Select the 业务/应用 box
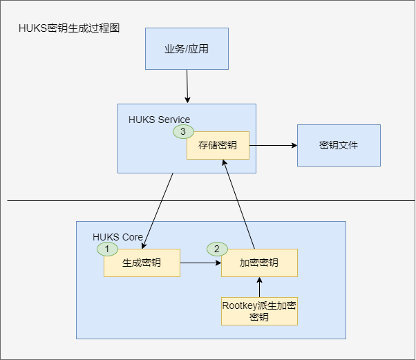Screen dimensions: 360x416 click(186, 49)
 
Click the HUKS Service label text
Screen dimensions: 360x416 click(159, 120)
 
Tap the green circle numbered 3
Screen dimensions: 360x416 click(183, 131)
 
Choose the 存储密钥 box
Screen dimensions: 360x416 click(218, 146)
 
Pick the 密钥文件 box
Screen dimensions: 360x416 click(339, 146)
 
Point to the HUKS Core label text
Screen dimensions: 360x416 click(117, 237)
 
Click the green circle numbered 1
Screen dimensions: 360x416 click(107, 247)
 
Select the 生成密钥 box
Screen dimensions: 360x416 click(142, 263)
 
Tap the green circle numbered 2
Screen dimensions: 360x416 click(217, 248)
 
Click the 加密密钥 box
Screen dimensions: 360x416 click(259, 263)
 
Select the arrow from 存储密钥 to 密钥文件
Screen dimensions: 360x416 click(273, 146)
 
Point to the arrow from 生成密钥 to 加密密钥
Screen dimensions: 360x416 click(200, 263)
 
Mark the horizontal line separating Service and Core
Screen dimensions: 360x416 click(207, 201)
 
